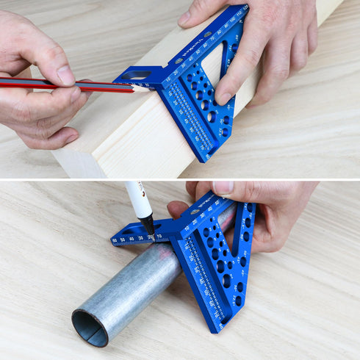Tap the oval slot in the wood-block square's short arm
(x=136, y=75)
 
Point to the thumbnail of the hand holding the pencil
(x=65, y=75)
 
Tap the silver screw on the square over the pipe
(x=195, y=212)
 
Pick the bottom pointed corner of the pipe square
(x=219, y=329)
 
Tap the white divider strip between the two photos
(x=180, y=179)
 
